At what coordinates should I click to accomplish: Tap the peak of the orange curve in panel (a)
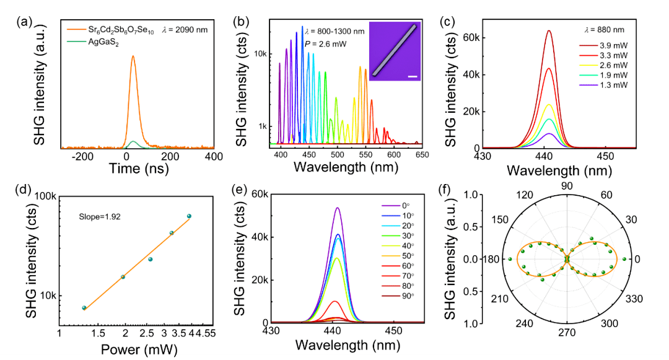133,56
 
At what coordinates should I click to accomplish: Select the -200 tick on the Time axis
82,157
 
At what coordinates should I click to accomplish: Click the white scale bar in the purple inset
412,77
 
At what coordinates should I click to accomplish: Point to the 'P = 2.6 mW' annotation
326,44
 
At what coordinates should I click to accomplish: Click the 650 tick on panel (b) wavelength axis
422,155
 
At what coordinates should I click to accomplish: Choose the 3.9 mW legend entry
603,46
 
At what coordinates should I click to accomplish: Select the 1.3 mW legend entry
603,85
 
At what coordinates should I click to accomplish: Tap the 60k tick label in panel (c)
471,38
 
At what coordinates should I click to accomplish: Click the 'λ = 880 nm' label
604,30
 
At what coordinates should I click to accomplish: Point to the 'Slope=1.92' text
99,217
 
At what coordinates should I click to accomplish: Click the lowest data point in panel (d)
84,307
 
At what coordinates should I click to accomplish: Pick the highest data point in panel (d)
189,216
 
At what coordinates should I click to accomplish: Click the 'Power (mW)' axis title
139,349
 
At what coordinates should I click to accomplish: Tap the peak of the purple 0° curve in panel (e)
338,208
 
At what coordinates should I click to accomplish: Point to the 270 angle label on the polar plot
567,332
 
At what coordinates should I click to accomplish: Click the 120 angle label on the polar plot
525,195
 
